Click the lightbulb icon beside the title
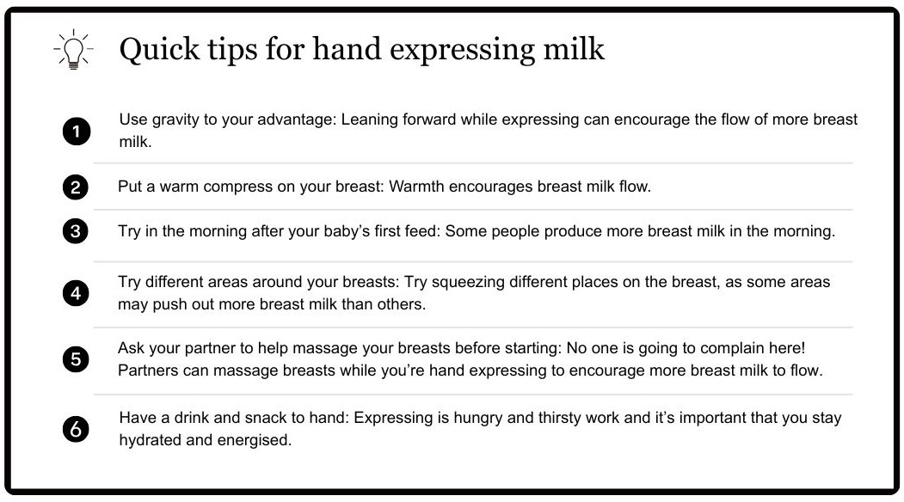tap(73, 50)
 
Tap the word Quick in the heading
tap(159, 49)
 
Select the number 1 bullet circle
tap(76, 132)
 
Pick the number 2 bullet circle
tap(76, 187)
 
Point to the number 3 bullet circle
tap(76, 231)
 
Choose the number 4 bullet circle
tap(76, 293)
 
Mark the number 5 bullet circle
tap(76, 359)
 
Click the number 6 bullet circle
tap(76, 430)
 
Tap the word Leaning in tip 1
tap(369, 119)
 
